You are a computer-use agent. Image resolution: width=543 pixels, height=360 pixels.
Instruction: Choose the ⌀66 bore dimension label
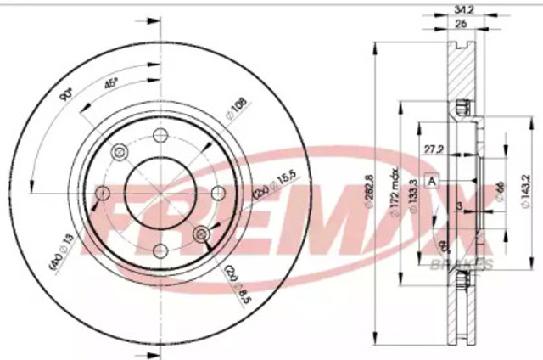(500, 192)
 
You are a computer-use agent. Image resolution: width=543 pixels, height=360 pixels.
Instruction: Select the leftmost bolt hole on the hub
(103, 194)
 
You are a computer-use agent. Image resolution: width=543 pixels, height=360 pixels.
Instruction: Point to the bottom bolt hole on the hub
(160, 250)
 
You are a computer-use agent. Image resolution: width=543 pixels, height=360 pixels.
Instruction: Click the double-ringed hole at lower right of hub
(202, 234)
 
